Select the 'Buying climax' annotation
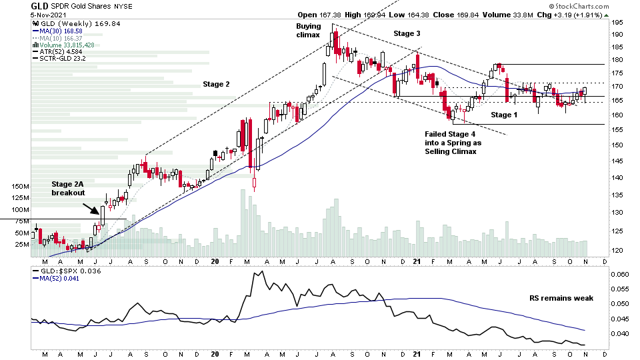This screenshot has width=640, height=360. click(x=308, y=30)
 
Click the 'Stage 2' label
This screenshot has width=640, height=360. click(x=216, y=84)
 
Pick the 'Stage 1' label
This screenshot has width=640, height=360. click(x=505, y=115)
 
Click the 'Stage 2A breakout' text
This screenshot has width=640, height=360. click(x=69, y=188)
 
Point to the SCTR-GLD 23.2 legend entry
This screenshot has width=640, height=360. click(x=61, y=59)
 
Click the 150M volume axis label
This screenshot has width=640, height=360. click(x=20, y=187)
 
